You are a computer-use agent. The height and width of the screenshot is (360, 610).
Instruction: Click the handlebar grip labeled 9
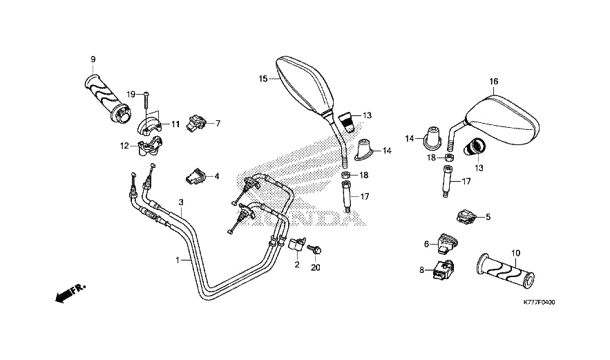pos(107,98)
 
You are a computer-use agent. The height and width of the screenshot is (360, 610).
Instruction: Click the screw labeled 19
pos(146,101)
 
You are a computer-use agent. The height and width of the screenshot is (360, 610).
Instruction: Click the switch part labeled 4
pos(195,176)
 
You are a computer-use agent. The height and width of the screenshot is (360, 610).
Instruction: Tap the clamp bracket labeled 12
pos(150,146)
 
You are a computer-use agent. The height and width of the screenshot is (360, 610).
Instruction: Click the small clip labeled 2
pos(296,244)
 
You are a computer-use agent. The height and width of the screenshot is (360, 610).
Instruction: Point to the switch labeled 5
pos(466,216)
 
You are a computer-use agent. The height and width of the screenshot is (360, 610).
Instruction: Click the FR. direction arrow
pos(70,294)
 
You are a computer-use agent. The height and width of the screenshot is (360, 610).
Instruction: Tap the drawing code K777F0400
pos(540,303)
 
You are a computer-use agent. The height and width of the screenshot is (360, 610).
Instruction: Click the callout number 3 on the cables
pos(181,202)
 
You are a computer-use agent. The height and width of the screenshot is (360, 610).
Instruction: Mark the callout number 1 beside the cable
pos(178,260)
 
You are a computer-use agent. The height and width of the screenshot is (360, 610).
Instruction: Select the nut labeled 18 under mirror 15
pos(346,175)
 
